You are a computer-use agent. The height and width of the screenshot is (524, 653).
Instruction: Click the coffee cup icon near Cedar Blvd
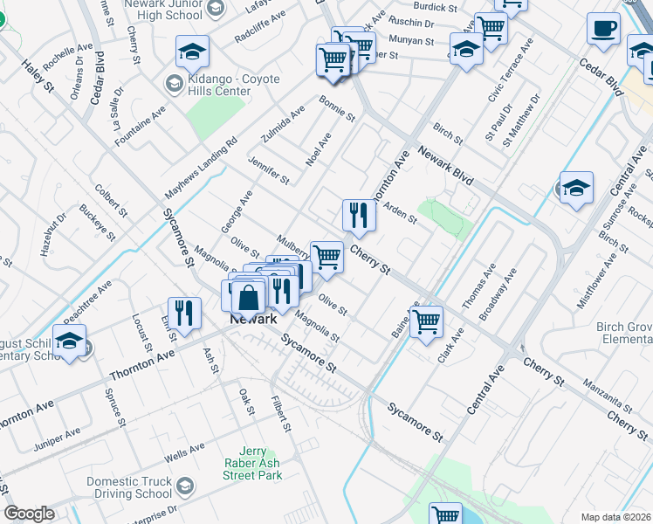tap(603, 30)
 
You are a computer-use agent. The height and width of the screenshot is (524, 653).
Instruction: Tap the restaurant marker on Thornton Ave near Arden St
tap(359, 214)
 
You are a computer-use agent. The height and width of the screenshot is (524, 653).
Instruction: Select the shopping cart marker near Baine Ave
tap(427, 321)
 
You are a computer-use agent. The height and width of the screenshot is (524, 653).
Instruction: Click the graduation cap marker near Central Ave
tap(576, 189)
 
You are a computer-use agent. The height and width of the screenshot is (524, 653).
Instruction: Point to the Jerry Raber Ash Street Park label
tap(252, 463)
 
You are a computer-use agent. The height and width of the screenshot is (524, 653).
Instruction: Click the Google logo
tap(29, 514)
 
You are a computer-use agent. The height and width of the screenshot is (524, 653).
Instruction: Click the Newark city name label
tap(253, 319)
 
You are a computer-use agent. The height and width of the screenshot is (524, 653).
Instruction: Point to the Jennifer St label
tap(268, 170)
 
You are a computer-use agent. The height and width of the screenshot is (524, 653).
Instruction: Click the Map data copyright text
tap(616, 517)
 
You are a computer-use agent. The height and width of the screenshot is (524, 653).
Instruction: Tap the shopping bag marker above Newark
tap(250, 297)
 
